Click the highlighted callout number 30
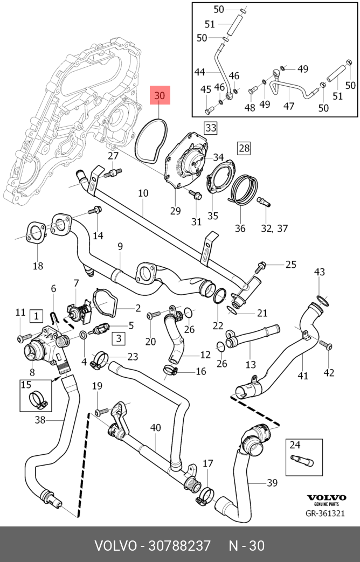click(x=160, y=95)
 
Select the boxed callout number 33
click(x=211, y=128)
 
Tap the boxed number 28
click(x=244, y=148)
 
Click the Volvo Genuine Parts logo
click(x=326, y=499)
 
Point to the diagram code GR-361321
click(x=325, y=514)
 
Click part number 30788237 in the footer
click(x=179, y=546)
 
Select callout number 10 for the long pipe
click(x=143, y=193)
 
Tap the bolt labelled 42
click(x=326, y=345)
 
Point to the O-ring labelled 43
click(x=322, y=301)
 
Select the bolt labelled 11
click(x=23, y=338)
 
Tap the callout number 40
click(x=155, y=428)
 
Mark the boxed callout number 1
click(x=36, y=316)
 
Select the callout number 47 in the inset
click(x=289, y=106)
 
